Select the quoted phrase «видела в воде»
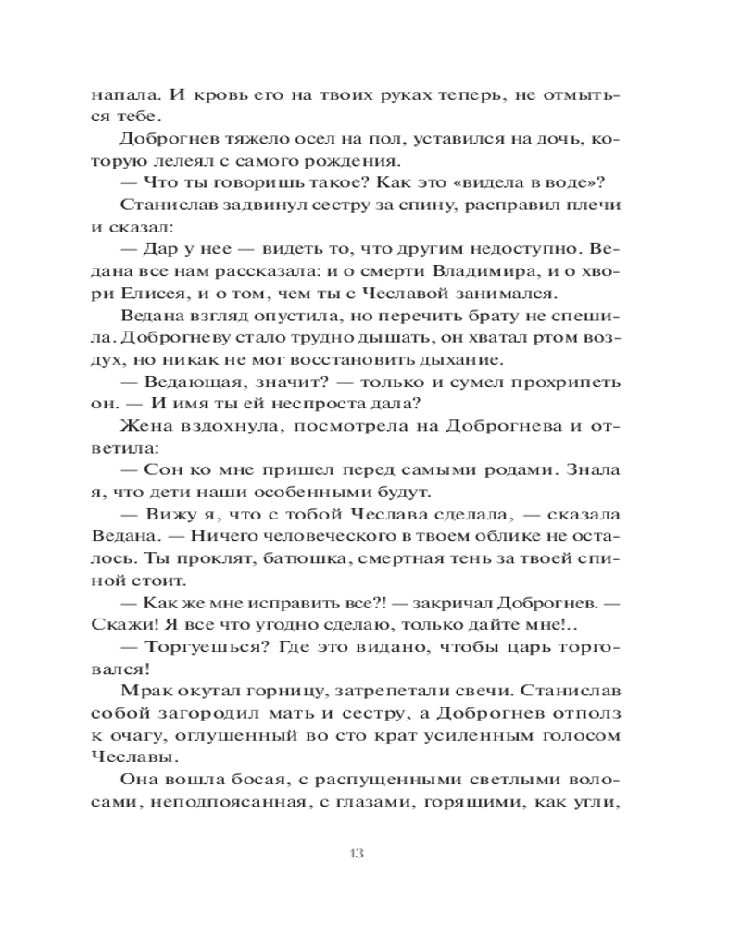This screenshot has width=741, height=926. (510, 184)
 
